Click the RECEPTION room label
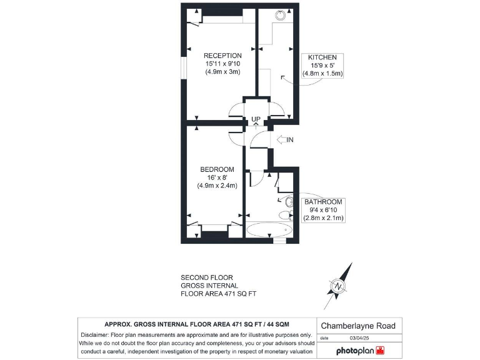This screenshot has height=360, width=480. pos(222,56)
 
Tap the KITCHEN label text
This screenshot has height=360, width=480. pos(322,57)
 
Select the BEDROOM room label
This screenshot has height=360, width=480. pos(217,169)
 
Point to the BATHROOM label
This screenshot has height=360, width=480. pos(323,202)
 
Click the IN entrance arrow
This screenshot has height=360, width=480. pos(284,139)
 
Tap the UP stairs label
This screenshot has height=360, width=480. pos(256,119)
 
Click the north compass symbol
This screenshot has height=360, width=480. pos(339,286)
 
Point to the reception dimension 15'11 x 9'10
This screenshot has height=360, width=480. pos(222,64)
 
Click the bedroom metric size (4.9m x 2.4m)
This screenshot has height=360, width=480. pos(217,185)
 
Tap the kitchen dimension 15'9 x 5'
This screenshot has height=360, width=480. pos(322,65)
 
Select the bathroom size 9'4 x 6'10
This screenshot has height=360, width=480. pos(323,210)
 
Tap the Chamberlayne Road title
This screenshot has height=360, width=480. pos(358,326)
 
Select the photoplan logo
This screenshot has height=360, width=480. pos(362,349)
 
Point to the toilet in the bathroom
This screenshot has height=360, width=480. pos(285,216)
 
